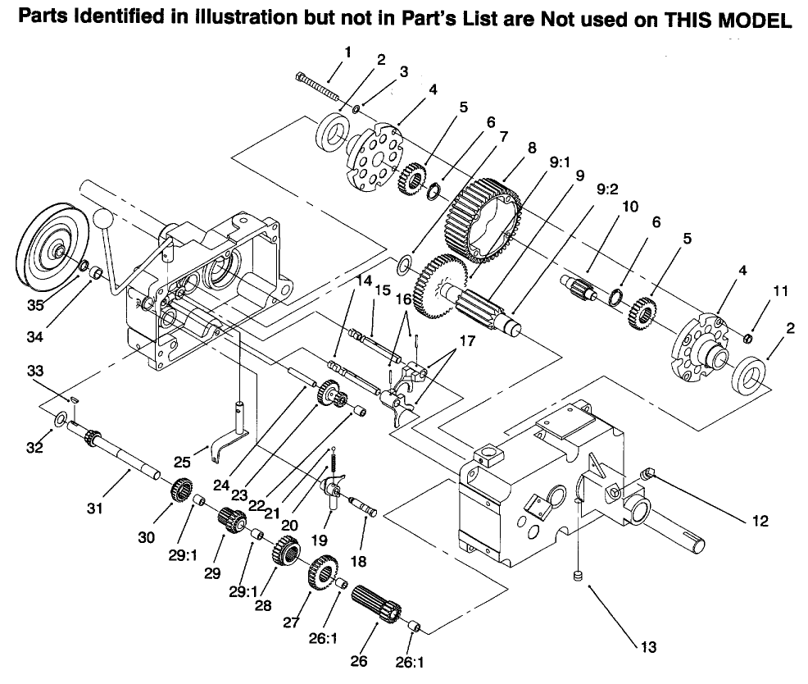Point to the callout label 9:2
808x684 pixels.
pos(608,188)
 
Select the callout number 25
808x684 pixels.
pos(183,463)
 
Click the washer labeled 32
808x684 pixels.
pos(61,420)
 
